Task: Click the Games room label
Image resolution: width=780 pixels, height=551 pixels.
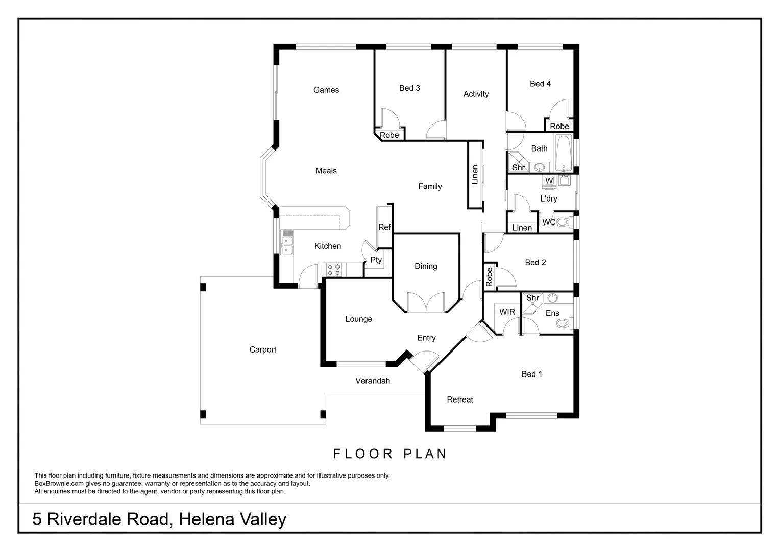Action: click(326, 90)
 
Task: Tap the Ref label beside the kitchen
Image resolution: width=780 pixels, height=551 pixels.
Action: click(384, 228)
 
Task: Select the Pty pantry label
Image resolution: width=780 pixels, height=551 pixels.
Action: click(376, 260)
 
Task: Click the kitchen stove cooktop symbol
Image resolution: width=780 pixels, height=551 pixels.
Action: click(333, 270)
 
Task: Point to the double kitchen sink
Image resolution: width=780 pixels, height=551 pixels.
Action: click(287, 245)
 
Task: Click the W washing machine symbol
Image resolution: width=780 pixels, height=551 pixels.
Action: click(549, 181)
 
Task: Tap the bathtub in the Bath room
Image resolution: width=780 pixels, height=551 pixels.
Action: click(564, 154)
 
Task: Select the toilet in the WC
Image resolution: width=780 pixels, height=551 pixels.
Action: click(565, 222)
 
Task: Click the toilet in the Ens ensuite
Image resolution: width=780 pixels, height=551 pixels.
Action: click(565, 323)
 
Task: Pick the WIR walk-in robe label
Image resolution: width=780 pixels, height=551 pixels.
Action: click(507, 312)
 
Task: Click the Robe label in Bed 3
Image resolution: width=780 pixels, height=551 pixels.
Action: click(389, 135)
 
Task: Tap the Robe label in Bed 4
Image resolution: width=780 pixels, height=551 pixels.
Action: click(559, 127)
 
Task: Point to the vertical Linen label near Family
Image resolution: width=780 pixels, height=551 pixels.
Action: click(475, 174)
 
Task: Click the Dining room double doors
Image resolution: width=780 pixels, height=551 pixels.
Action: click(426, 302)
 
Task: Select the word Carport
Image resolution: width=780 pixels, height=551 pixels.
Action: click(262, 350)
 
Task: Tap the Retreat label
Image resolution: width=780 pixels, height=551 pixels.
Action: click(459, 399)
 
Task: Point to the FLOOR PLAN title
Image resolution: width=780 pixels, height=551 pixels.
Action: click(390, 454)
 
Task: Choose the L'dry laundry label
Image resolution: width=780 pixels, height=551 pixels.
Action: click(548, 199)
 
